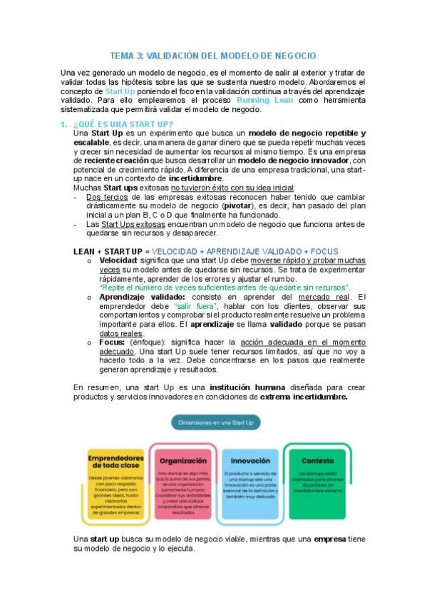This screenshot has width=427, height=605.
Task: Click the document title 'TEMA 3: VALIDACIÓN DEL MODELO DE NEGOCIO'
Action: point(213,55)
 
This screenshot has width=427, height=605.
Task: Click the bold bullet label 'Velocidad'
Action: point(118,261)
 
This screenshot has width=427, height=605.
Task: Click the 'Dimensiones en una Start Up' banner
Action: point(217,423)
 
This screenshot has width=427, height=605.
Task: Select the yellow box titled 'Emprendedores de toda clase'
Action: point(113,482)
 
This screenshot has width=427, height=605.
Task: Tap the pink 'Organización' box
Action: point(183,482)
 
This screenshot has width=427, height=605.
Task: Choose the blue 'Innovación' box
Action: point(250,482)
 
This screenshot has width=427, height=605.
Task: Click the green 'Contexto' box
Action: point(317,482)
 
